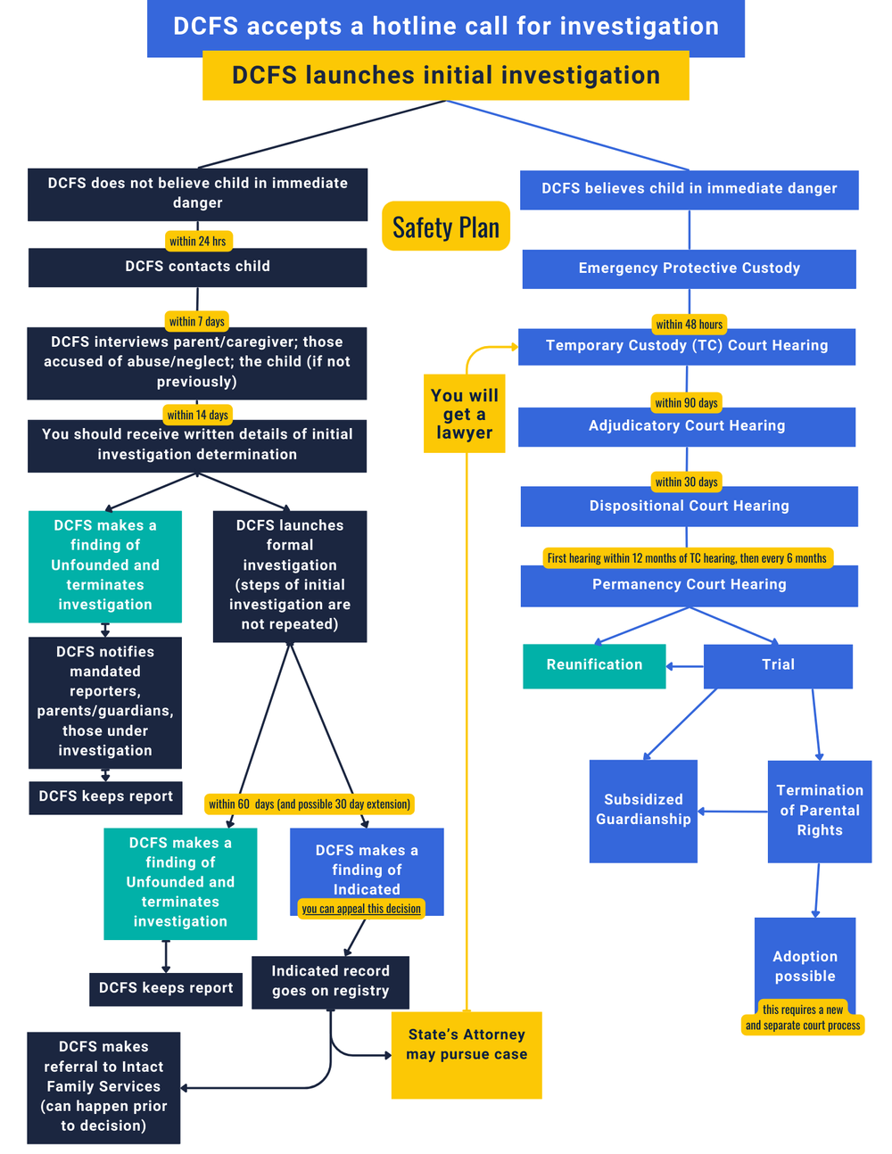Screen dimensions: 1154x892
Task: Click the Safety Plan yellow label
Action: pyautogui.click(x=446, y=227)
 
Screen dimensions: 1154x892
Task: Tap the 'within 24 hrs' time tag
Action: pyautogui.click(x=198, y=241)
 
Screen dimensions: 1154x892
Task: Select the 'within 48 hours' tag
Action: pyautogui.click(x=689, y=324)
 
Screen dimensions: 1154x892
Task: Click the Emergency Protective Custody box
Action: pyautogui.click(x=689, y=268)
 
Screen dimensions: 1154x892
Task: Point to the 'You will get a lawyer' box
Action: pyautogui.click(x=464, y=414)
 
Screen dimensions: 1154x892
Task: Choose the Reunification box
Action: pyautogui.click(x=594, y=665)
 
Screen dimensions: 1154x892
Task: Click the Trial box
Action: pyautogui.click(x=778, y=665)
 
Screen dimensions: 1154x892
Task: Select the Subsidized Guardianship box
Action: pyautogui.click(x=643, y=811)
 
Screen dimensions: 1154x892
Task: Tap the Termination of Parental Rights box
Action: pyautogui.click(x=819, y=811)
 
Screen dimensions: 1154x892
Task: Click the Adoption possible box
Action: pyautogui.click(x=805, y=963)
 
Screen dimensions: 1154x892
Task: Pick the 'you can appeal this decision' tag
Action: pyautogui.click(x=361, y=909)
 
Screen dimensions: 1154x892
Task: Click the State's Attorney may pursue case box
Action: pyautogui.click(x=467, y=1054)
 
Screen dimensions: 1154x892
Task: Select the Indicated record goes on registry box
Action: pyautogui.click(x=330, y=982)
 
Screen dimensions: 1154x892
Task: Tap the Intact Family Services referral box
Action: pyautogui.click(x=103, y=1087)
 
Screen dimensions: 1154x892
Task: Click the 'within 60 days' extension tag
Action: pyautogui.click(x=310, y=804)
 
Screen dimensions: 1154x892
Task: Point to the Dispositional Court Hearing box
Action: pyautogui.click(x=689, y=507)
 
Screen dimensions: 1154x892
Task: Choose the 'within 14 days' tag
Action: pyautogui.click(x=198, y=415)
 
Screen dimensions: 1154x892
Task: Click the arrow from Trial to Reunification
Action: pyautogui.click(x=684, y=666)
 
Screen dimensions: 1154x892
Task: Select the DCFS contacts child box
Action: pyautogui.click(x=198, y=267)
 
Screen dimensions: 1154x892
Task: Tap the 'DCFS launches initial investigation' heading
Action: pyautogui.click(x=446, y=75)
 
